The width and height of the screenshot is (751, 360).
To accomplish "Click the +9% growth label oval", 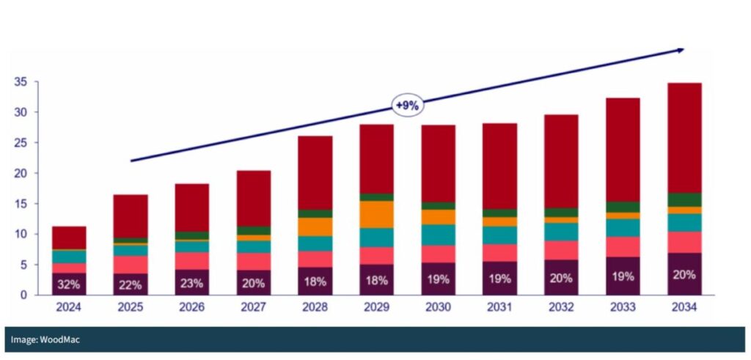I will [407, 106].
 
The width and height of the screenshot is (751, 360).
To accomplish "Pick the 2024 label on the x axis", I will [68, 309].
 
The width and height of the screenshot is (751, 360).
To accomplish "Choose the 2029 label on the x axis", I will [376, 309].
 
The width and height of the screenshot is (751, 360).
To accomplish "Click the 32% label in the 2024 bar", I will [68, 284].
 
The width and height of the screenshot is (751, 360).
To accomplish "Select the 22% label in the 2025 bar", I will [130, 284].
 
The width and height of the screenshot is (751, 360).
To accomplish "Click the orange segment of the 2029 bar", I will [376, 214].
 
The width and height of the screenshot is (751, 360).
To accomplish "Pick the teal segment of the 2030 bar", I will [438, 235].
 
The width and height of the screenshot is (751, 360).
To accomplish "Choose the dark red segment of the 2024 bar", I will [68, 238].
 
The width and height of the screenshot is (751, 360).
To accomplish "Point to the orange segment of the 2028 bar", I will [315, 227].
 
